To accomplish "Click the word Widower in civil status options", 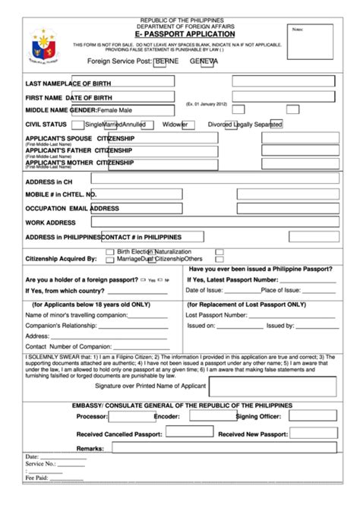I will pos(175,124).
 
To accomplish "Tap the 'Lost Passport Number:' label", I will pos(216,314).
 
